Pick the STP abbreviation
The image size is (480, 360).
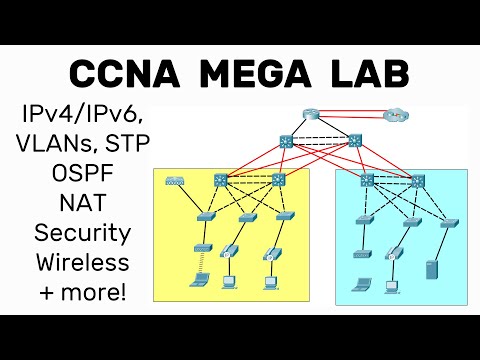pos(127,143)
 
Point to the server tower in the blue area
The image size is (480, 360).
pos(431,270)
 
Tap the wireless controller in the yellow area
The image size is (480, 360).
pos(177,182)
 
